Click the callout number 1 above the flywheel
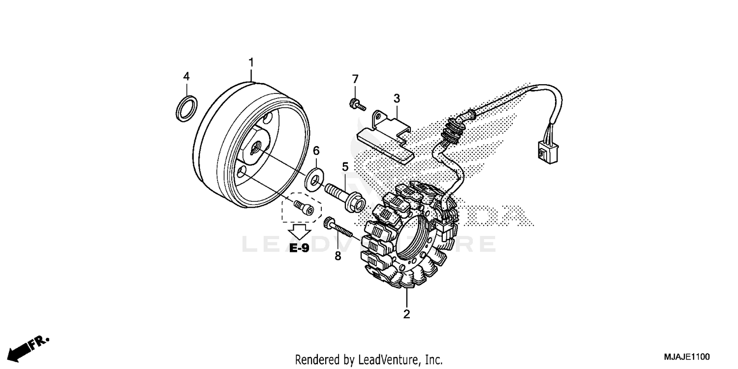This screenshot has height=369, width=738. point(251,62)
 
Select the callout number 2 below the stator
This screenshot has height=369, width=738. point(406,314)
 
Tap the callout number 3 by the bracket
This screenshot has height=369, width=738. point(397,98)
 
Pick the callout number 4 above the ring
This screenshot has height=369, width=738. point(186,76)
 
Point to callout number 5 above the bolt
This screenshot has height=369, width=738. point(345,166)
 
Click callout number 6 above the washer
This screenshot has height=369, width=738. point(316,150)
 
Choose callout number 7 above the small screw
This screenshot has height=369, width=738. point(355,79)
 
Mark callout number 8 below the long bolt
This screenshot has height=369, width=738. point(338,256)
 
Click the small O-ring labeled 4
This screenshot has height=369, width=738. point(187,109)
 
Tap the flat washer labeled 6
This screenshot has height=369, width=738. point(313,179)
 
